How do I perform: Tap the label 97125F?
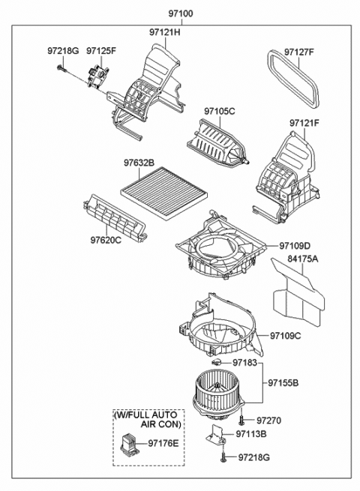(x=100, y=51)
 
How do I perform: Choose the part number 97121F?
(x=304, y=122)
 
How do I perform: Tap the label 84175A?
(x=303, y=259)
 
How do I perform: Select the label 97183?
(x=244, y=363)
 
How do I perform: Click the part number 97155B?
(x=283, y=382)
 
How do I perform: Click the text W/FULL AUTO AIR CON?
(x=148, y=419)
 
